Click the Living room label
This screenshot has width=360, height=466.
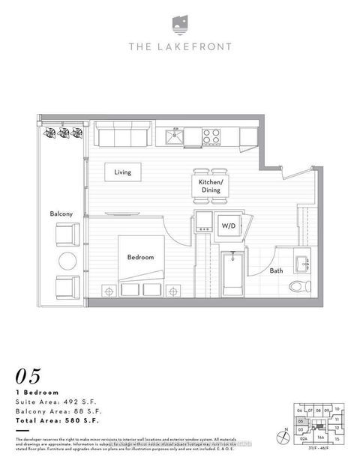pyautogui.click(x=122, y=172)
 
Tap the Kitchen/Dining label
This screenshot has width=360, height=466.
pyautogui.click(x=211, y=187)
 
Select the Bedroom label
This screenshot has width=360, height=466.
pyautogui.click(x=140, y=257)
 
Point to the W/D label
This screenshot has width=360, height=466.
pyautogui.click(x=226, y=224)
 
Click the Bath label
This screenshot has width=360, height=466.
pyautogui.click(x=276, y=271)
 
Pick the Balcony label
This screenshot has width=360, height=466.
pyautogui.click(x=61, y=214)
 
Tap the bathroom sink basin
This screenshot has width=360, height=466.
pyautogui.click(x=306, y=264)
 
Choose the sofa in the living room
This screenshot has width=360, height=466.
pyautogui.click(x=121, y=136)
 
